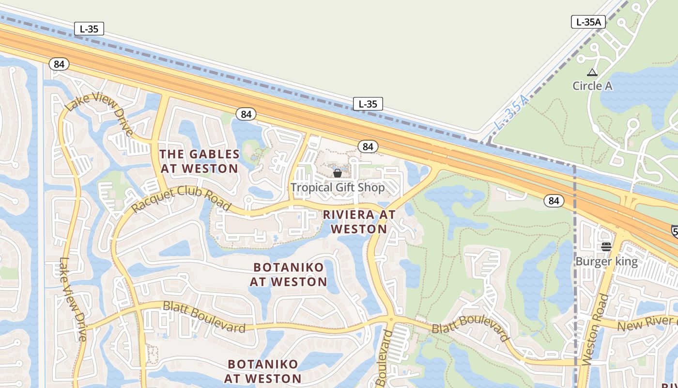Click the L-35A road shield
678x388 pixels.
[589, 22]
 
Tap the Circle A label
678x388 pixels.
[592, 86]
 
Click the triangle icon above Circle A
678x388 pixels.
[592, 73]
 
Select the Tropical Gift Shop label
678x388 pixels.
[338, 187]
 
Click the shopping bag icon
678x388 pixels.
[338, 173]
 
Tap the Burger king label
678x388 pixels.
[606, 261]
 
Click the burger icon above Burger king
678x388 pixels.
[606, 247]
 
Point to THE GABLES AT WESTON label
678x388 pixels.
[199, 162]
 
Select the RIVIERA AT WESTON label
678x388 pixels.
[359, 222]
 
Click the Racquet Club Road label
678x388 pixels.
[181, 198]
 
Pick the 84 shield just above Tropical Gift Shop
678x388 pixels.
[368, 146]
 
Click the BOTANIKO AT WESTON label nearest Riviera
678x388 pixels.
[289, 275]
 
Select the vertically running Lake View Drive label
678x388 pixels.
[72, 299]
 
